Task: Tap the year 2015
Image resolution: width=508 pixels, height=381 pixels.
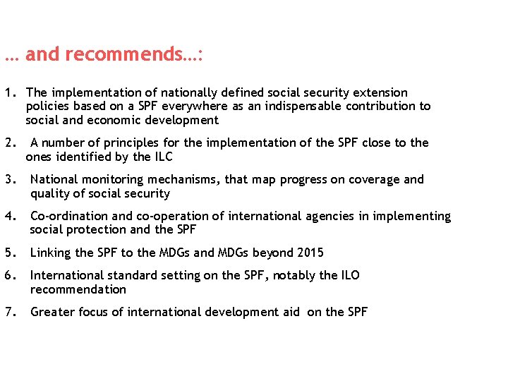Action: tap(310, 253)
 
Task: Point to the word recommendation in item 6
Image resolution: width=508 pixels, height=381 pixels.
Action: tap(78, 289)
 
